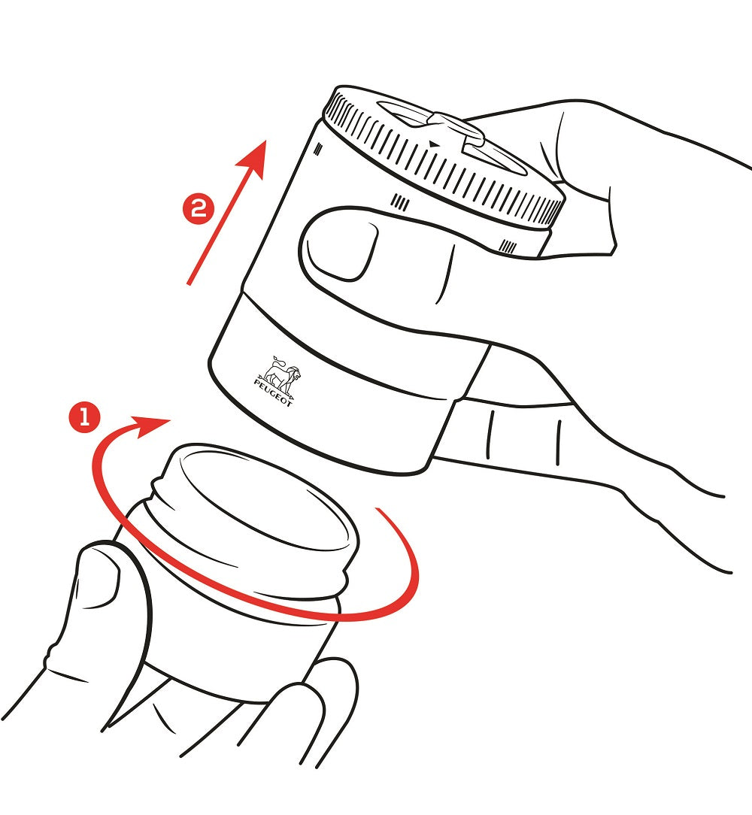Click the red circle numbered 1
click(x=84, y=417)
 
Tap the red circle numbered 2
click(x=198, y=209)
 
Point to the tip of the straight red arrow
click(x=266, y=141)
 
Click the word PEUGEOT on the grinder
click(x=274, y=393)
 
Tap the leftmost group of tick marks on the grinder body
click(x=319, y=150)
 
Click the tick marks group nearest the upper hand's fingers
click(x=508, y=245)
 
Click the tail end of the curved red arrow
click(x=378, y=510)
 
